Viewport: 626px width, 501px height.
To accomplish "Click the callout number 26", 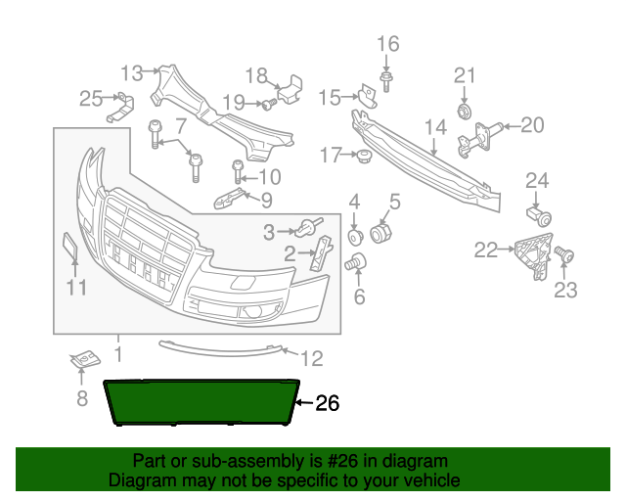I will pos(327,403).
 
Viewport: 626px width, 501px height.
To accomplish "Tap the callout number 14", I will pos(435,126).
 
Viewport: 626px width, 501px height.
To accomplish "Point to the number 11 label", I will pos(76,288).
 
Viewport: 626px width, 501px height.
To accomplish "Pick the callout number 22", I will pos(485,250).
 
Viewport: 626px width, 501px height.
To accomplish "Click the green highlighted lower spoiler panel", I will pos(205,401).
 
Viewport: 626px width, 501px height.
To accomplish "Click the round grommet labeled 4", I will pos(355,237).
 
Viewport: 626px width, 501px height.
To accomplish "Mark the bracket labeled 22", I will pos(532,252).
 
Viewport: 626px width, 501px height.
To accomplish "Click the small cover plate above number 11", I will pos(70,247).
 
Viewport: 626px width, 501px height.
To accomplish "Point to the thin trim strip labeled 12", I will pos(220,347).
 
